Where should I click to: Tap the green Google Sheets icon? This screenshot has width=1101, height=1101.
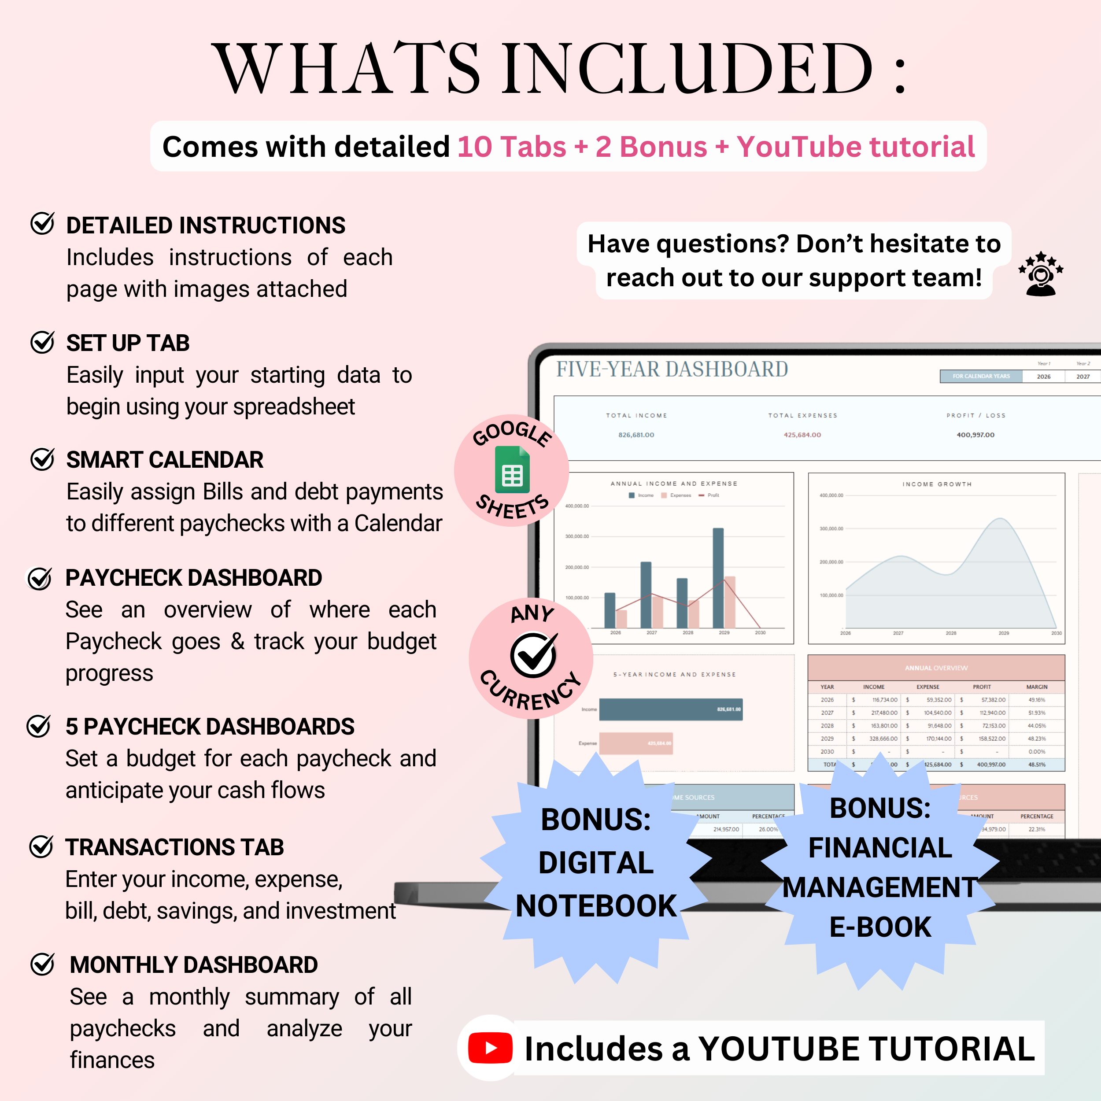512,470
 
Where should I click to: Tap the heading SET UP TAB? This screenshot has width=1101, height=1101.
128,343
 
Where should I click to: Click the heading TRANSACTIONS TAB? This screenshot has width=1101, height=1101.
174,847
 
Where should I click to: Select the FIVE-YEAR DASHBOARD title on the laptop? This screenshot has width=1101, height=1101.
672,369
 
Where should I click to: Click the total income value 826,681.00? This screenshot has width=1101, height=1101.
636,435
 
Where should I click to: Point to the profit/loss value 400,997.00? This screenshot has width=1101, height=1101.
975,435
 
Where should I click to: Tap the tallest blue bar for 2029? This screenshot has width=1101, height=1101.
718,578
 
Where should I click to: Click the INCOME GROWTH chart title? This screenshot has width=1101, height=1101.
937,484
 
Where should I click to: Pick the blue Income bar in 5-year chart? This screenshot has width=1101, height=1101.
670,709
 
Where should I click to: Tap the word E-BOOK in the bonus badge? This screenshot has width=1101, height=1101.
880,927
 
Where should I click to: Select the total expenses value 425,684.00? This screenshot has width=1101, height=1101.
802,435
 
